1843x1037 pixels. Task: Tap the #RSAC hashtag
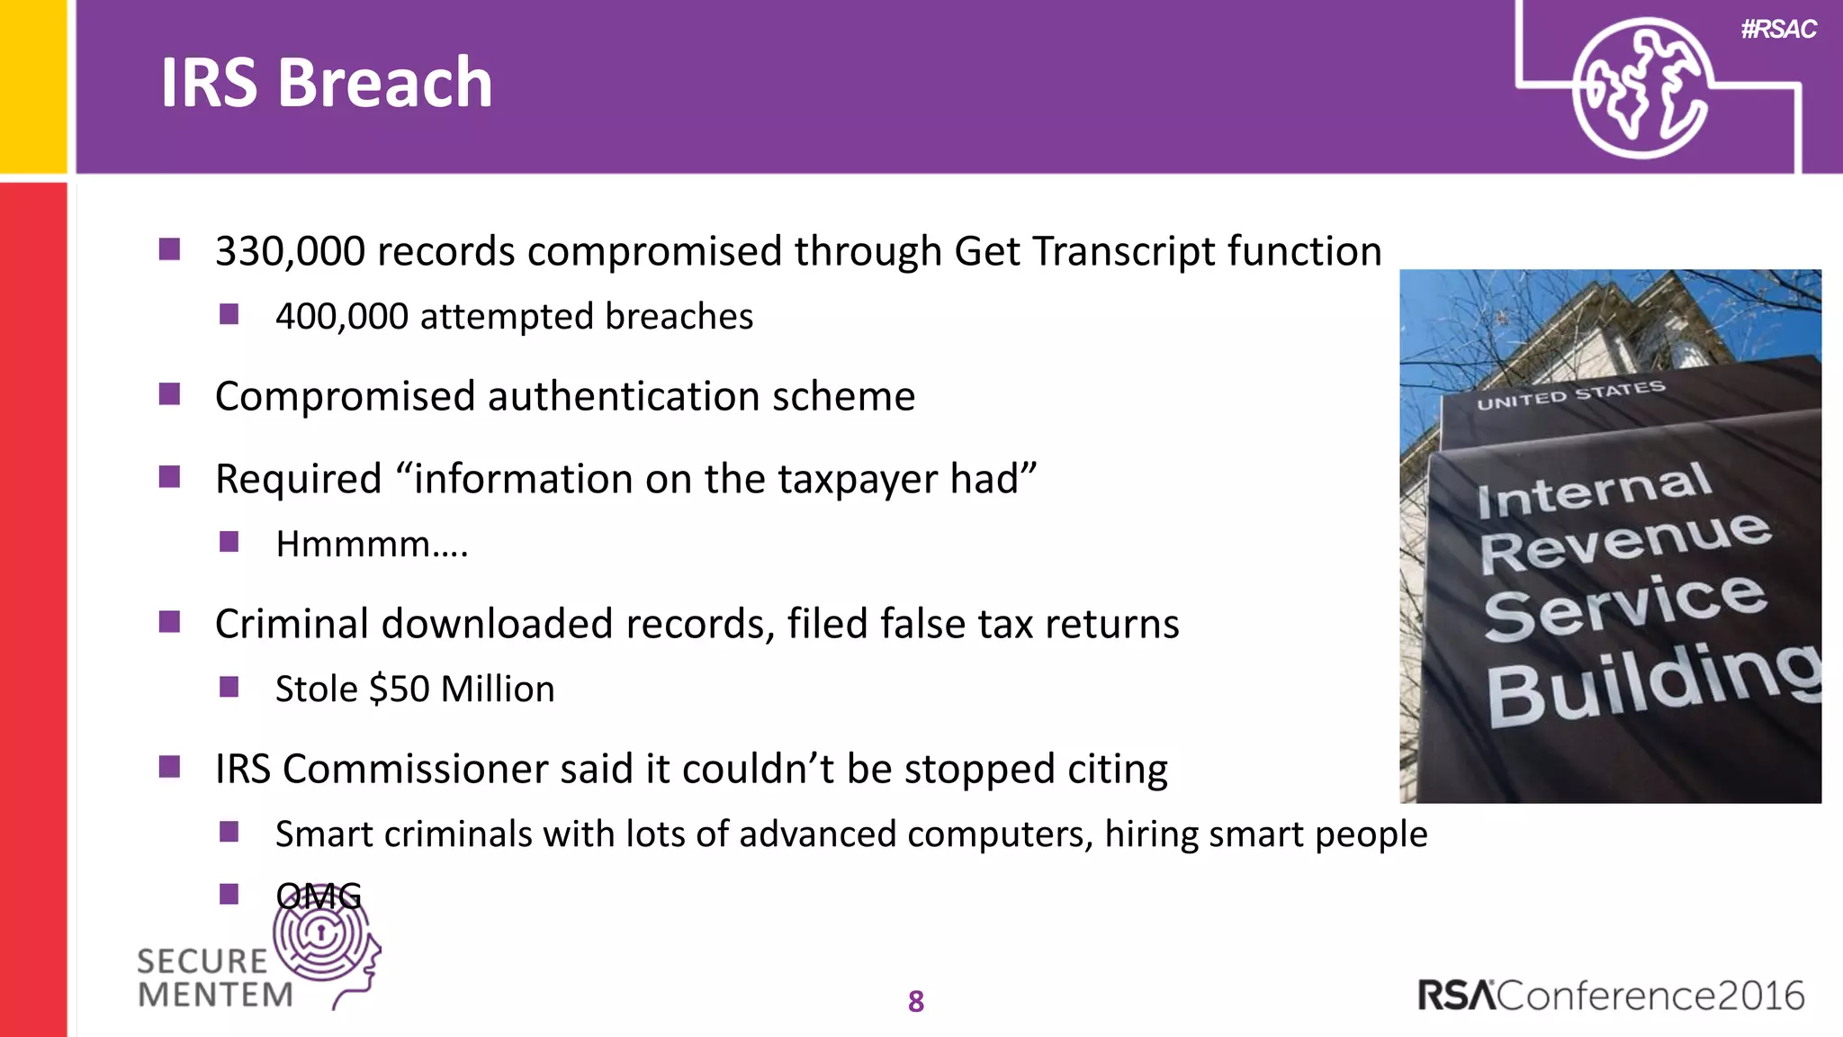click(x=1778, y=30)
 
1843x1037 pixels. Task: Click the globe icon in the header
click(x=1641, y=88)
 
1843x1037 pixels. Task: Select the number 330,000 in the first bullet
click(x=290, y=251)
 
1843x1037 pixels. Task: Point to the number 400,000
click(x=341, y=317)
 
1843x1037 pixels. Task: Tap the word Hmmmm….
click(x=372, y=544)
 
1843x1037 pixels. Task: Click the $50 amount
click(x=399, y=690)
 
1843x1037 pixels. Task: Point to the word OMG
click(x=319, y=896)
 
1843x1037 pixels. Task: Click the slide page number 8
click(x=916, y=1001)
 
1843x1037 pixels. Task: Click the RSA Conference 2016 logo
click(x=1611, y=996)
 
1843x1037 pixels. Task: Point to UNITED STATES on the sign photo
click(x=1570, y=395)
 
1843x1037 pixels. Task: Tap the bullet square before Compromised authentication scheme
click(x=169, y=394)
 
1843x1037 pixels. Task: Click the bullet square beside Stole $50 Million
click(x=229, y=688)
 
